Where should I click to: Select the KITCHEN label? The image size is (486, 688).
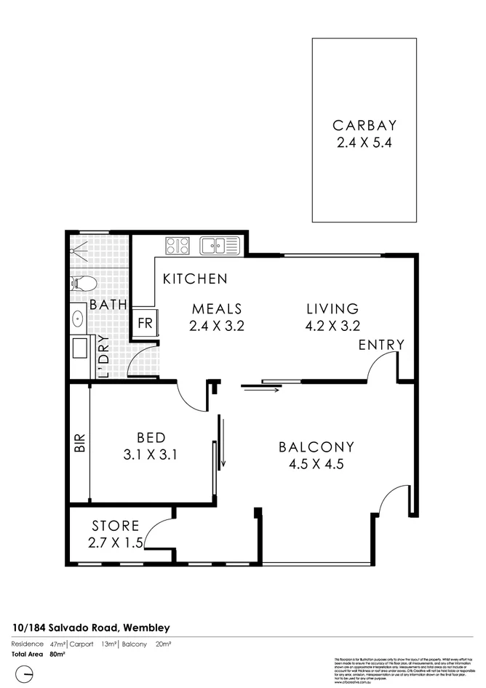[x=194, y=279]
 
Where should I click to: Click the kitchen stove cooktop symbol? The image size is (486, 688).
[x=178, y=245]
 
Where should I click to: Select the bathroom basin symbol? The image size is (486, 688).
[x=79, y=318]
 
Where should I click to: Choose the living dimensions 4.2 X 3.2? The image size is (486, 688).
[x=332, y=326]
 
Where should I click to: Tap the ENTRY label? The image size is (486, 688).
[x=381, y=345]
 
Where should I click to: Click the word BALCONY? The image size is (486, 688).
[x=316, y=447]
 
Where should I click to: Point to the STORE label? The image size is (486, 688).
[x=116, y=526]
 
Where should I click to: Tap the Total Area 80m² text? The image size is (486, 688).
[x=38, y=655]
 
